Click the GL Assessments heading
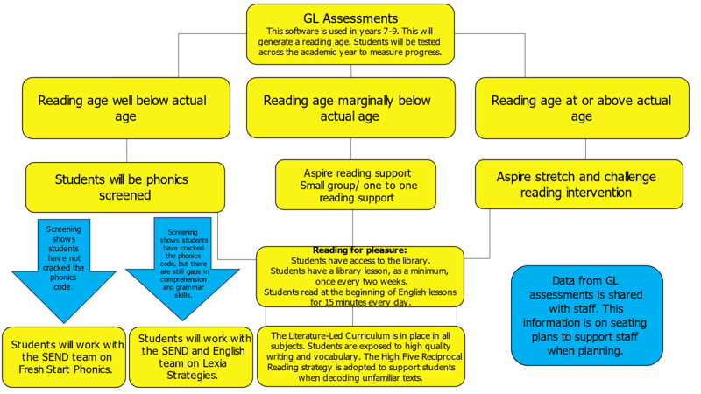350,18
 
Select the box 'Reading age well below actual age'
126,108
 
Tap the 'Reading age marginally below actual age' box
351,108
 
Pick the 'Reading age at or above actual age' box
582,108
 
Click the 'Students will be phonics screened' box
125,187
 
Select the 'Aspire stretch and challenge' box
579,184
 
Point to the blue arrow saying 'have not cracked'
64,271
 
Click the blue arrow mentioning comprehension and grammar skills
183,268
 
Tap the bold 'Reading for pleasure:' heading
360,250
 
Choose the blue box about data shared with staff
587,315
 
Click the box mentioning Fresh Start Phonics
64,357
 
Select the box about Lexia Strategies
191,357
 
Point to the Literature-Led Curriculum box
361,356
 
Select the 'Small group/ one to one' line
358,186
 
